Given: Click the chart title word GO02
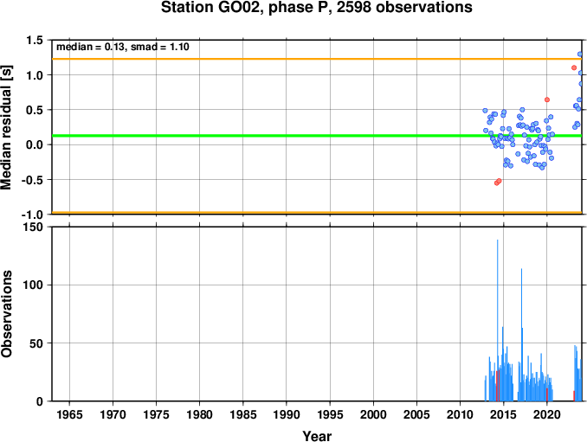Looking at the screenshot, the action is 238,8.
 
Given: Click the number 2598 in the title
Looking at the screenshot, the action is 354,8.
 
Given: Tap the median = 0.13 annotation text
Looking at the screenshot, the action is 90,47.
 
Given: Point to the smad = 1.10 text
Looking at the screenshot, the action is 160,47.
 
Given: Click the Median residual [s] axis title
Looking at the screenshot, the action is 6,127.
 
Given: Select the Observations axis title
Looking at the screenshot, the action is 6,314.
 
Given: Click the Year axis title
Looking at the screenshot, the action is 317,436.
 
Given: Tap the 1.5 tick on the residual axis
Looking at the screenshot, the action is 35,41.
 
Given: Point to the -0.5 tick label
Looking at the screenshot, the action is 32,180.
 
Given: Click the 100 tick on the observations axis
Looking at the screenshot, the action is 33,285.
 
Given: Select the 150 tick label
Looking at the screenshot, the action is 33,227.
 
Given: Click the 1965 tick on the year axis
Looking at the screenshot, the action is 69,414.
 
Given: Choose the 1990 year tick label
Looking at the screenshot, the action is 287,414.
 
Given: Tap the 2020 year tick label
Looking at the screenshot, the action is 547,414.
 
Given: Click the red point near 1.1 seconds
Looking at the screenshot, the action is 574,67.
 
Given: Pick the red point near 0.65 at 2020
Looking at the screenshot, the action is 547,99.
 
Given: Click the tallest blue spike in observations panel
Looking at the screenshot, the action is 497,320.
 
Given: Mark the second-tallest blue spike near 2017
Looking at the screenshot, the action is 521,335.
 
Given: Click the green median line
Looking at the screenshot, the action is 317,135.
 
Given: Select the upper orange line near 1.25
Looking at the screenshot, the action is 317,59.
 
